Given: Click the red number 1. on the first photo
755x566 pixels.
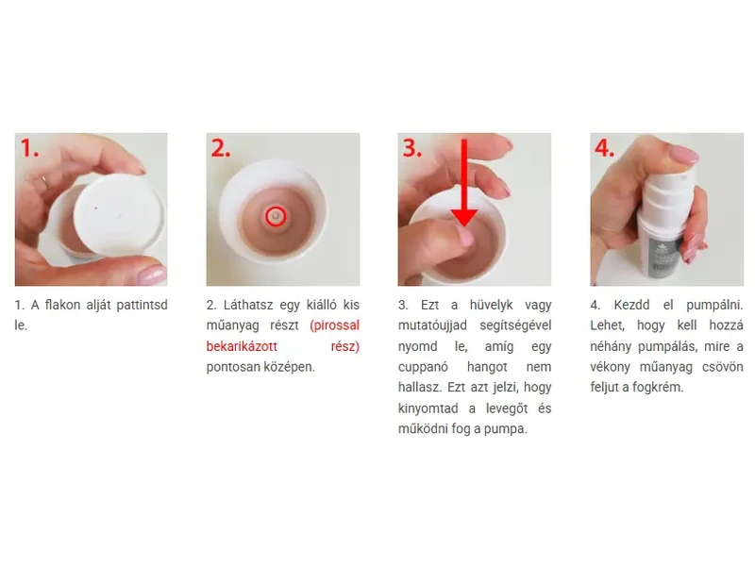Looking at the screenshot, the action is pos(29,148).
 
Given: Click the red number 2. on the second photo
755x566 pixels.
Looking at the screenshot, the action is pos(221,148).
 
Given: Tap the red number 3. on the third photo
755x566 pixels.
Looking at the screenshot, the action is pos(412,148).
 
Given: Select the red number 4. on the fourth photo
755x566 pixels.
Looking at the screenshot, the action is pos(604,148).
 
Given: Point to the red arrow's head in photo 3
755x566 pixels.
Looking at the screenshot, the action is pos(463,218).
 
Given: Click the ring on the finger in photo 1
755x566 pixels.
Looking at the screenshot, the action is pos(45,182).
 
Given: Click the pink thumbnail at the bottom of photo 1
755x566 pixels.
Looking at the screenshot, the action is pos(152,275).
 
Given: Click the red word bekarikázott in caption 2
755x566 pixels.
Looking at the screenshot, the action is pos(242,346).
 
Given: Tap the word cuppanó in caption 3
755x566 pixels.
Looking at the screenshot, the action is pos(423,367).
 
